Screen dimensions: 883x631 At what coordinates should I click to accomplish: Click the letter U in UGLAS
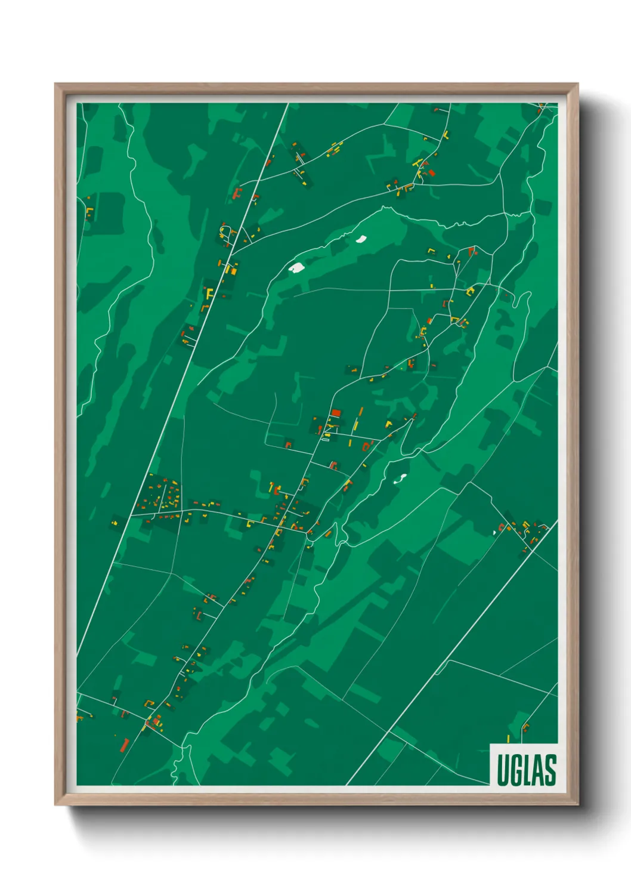[502, 770]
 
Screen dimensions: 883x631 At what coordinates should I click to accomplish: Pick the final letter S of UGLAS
[549, 770]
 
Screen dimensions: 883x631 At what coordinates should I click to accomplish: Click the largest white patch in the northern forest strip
[296, 267]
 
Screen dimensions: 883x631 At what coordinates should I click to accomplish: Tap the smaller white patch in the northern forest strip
[361, 239]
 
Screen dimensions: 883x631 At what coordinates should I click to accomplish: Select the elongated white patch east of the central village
[401, 478]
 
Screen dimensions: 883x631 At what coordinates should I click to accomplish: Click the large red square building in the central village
[336, 412]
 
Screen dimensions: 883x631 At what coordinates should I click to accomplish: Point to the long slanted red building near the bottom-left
[125, 745]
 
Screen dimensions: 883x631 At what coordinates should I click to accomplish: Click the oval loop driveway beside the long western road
[225, 231]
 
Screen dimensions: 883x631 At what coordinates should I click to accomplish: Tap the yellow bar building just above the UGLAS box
[508, 739]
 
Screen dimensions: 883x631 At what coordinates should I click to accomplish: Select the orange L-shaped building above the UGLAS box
[525, 727]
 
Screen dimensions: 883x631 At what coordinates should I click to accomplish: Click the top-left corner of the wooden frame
[55, 84]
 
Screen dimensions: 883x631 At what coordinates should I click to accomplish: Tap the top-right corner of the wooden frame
[577, 84]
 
